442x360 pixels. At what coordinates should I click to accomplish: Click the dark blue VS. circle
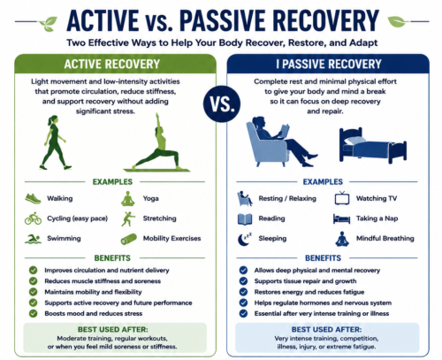point(222,103)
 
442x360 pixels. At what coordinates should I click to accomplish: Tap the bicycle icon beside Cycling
point(33,218)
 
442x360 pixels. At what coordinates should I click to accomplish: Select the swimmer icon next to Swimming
point(33,239)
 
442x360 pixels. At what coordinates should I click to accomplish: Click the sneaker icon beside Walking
point(33,198)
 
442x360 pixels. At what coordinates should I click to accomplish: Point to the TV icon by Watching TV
point(342,198)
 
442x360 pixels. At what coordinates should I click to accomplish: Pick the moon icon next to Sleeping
point(245,239)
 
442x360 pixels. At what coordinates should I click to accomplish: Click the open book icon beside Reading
point(245,219)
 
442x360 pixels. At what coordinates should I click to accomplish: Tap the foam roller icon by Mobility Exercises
point(129,239)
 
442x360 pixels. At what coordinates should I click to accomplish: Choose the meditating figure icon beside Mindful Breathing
point(342,239)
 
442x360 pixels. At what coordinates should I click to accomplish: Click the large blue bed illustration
point(373,145)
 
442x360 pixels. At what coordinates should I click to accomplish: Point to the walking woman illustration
point(55,142)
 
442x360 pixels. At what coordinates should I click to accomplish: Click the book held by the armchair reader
point(285,131)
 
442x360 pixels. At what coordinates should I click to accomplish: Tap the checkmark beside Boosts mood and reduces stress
point(34,313)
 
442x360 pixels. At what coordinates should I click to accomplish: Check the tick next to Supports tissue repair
point(243,281)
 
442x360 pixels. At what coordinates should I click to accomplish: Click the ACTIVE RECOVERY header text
point(112,64)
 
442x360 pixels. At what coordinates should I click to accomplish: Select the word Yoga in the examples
point(151,198)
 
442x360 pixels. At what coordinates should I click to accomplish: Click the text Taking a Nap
point(377,218)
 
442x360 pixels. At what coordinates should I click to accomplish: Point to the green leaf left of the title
point(49,23)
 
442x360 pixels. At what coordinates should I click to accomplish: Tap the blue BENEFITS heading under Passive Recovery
point(323,258)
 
